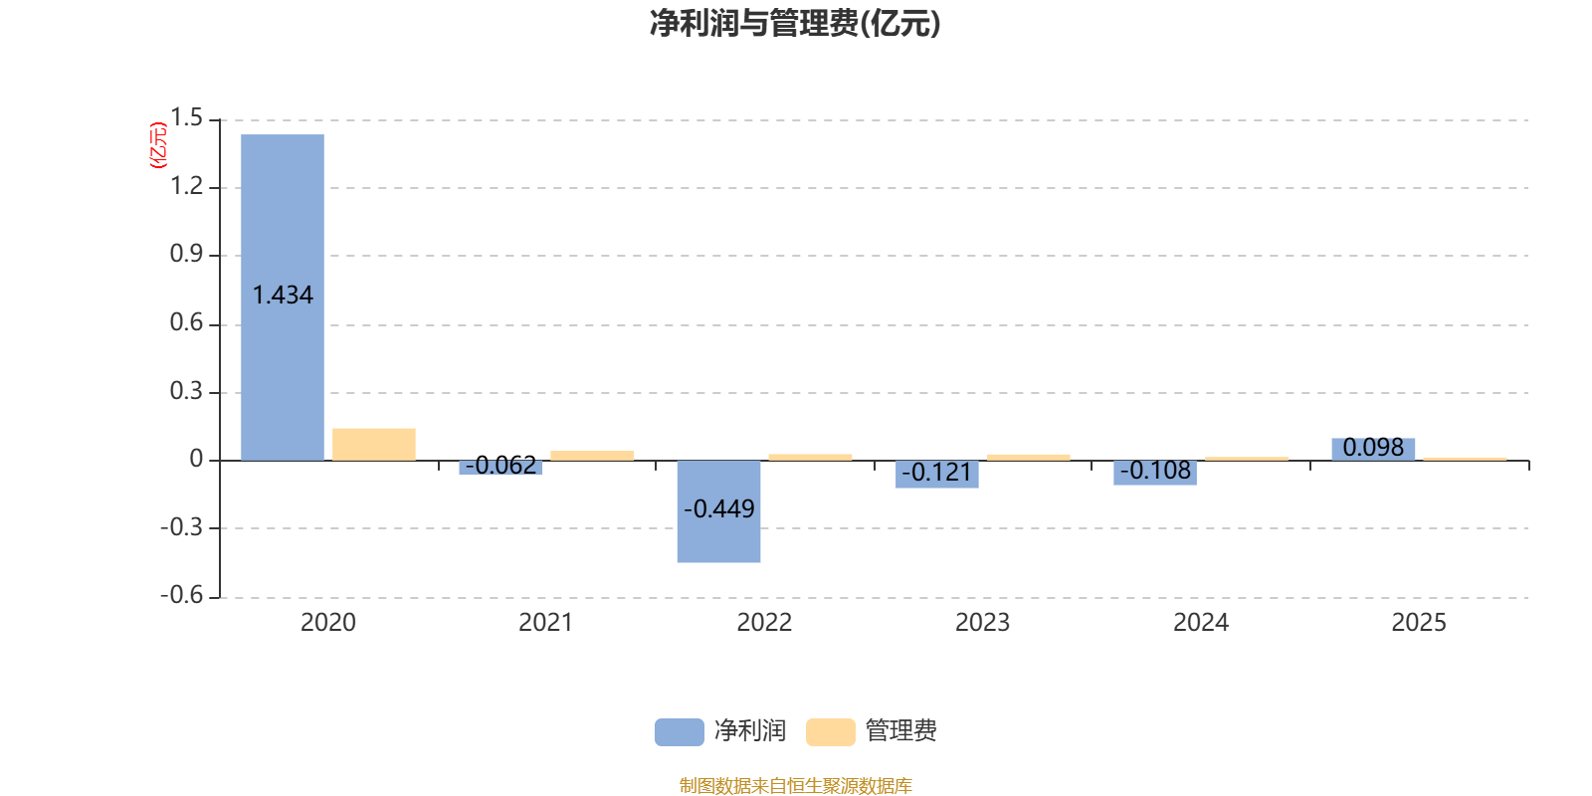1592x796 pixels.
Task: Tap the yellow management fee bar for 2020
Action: pyautogui.click(x=374, y=444)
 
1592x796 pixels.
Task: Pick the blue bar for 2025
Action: pyautogui.click(x=1373, y=449)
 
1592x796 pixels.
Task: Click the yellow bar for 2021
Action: pyautogui.click(x=592, y=456)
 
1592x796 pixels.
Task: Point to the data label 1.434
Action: pyautogui.click(x=283, y=296)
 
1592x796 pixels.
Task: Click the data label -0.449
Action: pyautogui.click(x=718, y=509)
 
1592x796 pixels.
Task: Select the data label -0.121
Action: pyautogui.click(x=936, y=473)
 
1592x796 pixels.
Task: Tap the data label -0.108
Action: pyautogui.click(x=1155, y=471)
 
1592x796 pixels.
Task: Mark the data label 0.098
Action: pyautogui.click(x=1373, y=448)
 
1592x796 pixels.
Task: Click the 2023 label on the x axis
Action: pyautogui.click(x=982, y=623)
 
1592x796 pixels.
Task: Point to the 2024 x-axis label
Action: pyautogui.click(x=1201, y=623)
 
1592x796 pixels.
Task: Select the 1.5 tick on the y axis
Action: pyautogui.click(x=186, y=118)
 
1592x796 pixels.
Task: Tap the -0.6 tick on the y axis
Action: pyautogui.click(x=181, y=595)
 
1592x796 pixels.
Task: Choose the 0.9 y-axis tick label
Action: pyautogui.click(x=186, y=255)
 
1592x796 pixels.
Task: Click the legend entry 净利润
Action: pyautogui.click(x=721, y=731)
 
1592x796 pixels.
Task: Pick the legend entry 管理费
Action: pyautogui.click(x=873, y=731)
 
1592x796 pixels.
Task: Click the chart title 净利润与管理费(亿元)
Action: pyautogui.click(x=795, y=23)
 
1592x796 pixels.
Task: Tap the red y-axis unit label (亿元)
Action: pyautogui.click(x=157, y=145)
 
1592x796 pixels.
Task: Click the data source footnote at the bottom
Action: pyautogui.click(x=795, y=786)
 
